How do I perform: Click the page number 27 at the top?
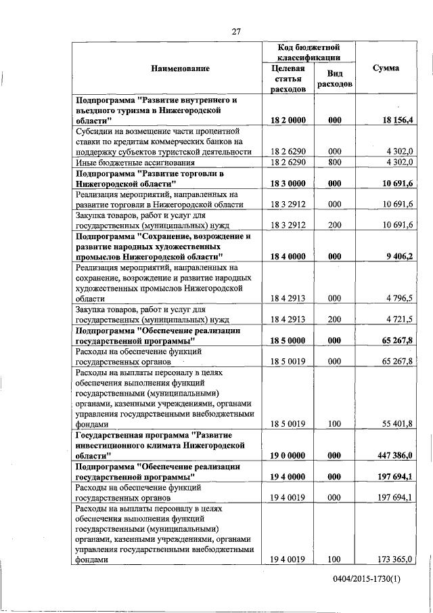coord(237,30)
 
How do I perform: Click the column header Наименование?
coord(180,68)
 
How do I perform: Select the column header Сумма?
coord(386,68)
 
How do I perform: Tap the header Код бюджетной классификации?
coord(309,53)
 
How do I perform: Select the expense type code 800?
coord(335,163)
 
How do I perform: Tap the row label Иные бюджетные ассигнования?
coord(135,163)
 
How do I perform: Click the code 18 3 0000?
coord(288,184)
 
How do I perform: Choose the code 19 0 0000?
coord(288,456)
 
